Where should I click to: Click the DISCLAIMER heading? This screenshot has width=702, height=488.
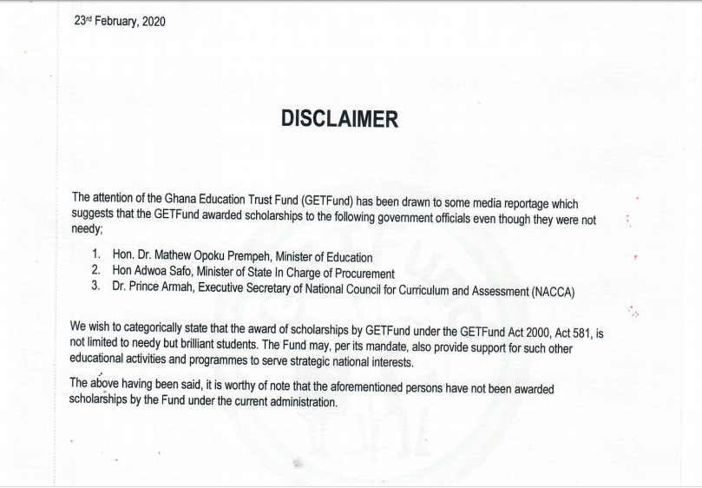pos(339,120)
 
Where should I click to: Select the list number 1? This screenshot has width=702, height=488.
pos(96,256)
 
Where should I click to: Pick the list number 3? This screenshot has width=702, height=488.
pos(96,286)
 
